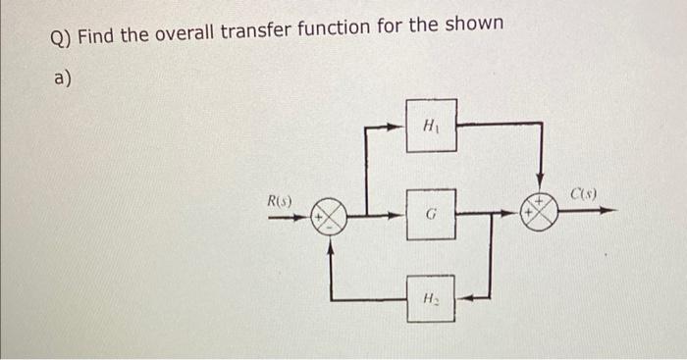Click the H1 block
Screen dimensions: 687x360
point(431,125)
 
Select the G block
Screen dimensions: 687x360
point(431,213)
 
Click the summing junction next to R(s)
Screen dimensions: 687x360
point(331,215)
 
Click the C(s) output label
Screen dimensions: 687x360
point(587,194)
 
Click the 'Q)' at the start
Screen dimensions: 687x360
point(60,38)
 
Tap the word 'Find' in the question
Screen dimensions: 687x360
point(96,37)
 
